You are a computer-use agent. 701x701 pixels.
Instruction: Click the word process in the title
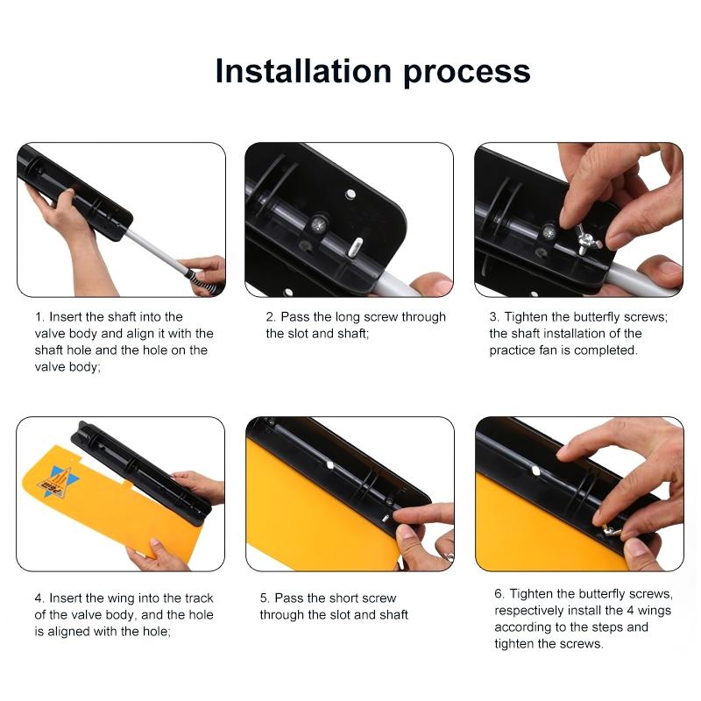[467, 72]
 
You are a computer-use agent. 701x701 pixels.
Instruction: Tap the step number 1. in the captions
[39, 316]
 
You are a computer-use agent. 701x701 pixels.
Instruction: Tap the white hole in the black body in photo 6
[535, 471]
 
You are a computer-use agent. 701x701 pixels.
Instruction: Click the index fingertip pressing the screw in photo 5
[403, 518]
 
